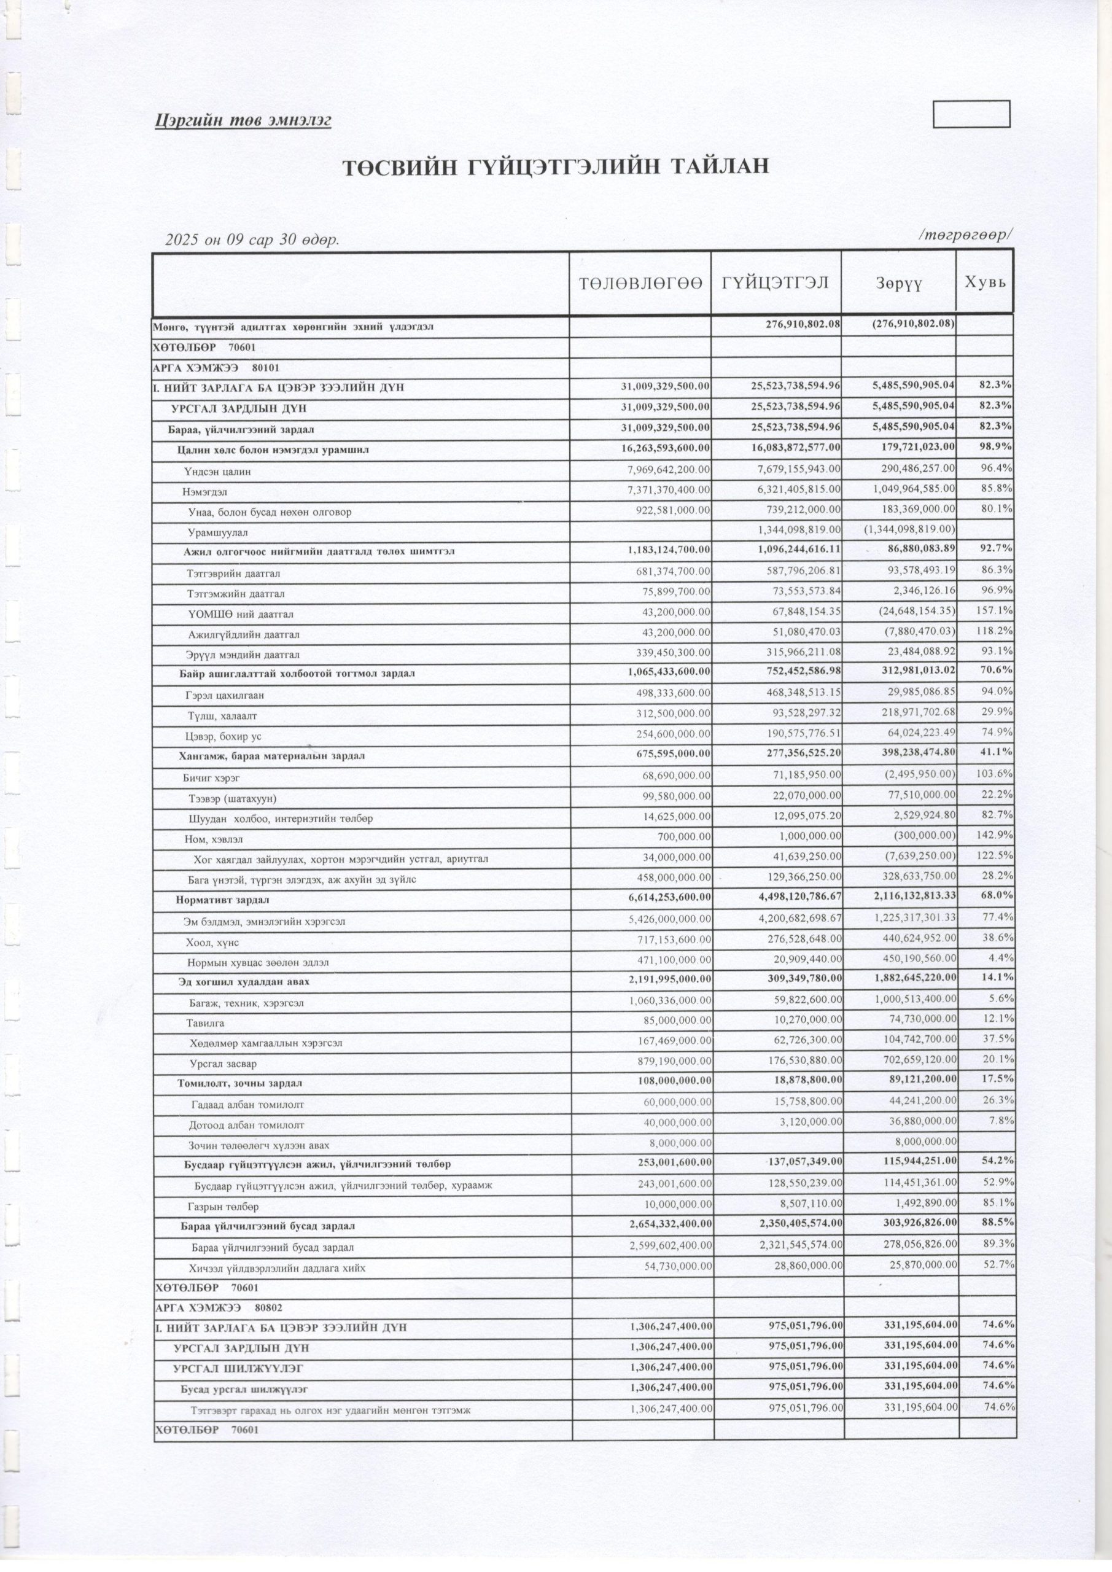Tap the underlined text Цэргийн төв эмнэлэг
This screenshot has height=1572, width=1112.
(243, 121)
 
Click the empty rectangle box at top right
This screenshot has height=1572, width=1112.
(971, 114)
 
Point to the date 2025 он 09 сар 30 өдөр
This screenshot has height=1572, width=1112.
(252, 240)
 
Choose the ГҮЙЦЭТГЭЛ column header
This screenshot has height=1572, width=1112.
(776, 282)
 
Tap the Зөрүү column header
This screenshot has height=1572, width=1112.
(898, 284)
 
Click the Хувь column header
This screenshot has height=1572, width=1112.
(985, 281)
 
